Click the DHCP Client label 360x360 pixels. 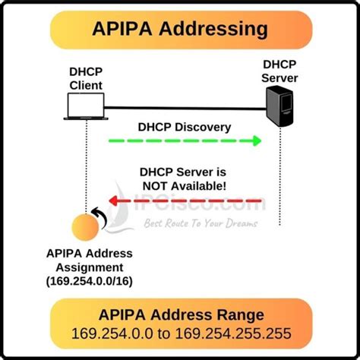(86, 78)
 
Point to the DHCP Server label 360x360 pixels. (279, 72)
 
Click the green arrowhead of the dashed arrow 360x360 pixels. (256, 141)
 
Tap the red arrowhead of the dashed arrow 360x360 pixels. (112, 201)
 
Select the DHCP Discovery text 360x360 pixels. (184, 126)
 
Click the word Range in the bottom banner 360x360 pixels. (244, 314)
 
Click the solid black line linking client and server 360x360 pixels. (182, 107)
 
